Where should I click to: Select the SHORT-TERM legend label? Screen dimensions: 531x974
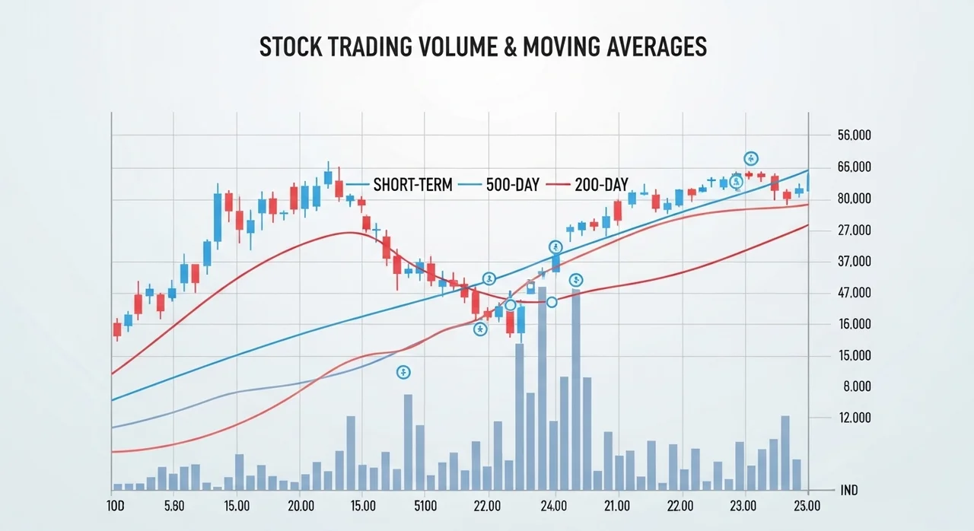click(412, 185)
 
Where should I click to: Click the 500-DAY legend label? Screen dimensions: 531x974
click(512, 185)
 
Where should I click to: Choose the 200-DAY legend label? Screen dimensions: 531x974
click(601, 185)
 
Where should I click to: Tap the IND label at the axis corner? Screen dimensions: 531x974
click(849, 491)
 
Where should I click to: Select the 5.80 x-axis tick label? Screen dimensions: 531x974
click(174, 505)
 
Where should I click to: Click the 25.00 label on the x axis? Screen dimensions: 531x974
click(807, 505)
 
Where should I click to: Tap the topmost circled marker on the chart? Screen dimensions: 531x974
click(751, 158)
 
